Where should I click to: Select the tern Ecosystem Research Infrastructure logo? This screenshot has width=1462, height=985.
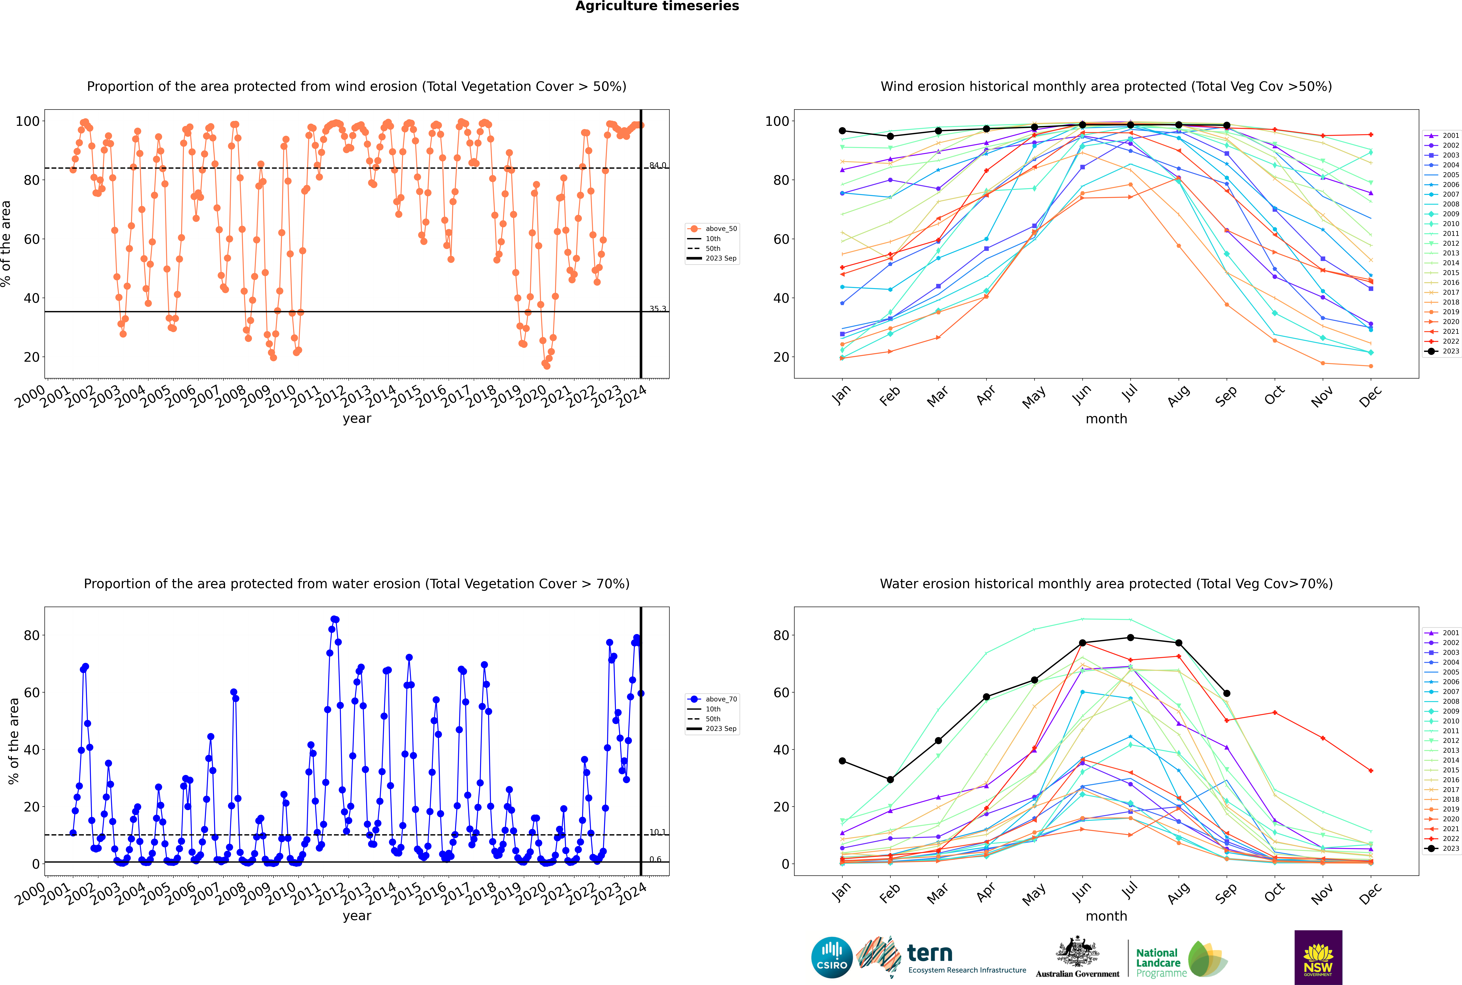click(x=941, y=957)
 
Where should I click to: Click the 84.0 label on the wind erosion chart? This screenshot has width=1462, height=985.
click(x=657, y=165)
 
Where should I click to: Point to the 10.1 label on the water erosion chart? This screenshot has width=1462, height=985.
click(x=657, y=832)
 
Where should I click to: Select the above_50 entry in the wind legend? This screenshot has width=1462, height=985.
click(x=720, y=229)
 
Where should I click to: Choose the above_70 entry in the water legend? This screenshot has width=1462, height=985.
click(x=720, y=699)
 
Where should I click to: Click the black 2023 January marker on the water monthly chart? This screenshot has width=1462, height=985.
click(x=842, y=761)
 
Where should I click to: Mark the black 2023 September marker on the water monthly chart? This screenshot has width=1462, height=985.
click(x=1226, y=693)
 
